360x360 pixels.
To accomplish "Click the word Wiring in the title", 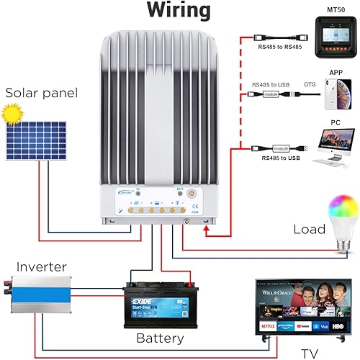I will pyautogui.click(x=179, y=11).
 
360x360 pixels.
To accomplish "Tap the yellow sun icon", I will pyautogui.click(x=9, y=114).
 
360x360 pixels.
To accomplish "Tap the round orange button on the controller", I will pyautogui.click(x=192, y=193).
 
